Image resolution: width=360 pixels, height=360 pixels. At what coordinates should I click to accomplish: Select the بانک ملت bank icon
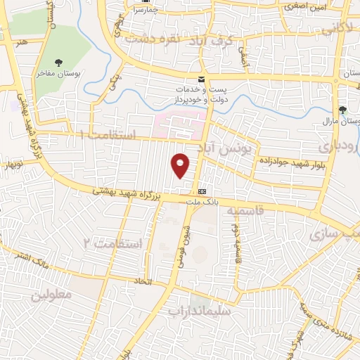(202, 191)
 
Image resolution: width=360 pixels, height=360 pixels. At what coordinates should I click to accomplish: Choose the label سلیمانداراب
(198, 309)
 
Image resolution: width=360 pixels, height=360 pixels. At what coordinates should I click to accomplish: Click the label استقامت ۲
(112, 244)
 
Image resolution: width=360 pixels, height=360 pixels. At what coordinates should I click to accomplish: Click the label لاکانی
(338, 30)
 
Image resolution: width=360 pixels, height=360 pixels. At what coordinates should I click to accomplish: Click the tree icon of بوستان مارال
(342, 110)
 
